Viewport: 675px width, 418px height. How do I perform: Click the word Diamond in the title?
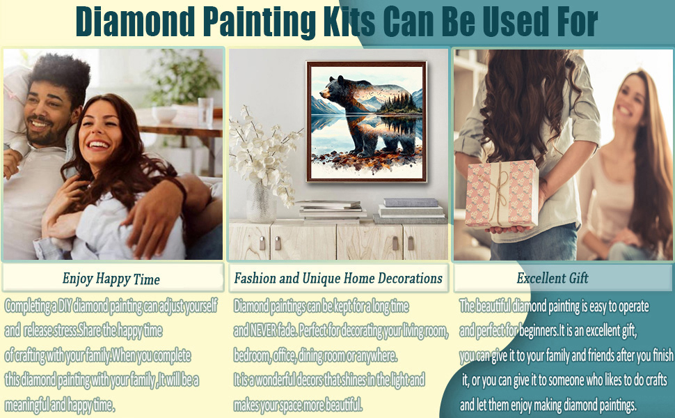(x=135, y=22)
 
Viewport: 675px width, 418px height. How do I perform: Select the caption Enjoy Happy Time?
(x=111, y=279)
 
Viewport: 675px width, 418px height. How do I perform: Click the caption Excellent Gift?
(x=553, y=278)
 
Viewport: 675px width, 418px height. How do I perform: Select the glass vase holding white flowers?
(x=261, y=202)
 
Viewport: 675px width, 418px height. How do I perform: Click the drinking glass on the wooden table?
(x=205, y=111)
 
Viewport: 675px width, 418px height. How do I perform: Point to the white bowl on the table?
(x=164, y=115)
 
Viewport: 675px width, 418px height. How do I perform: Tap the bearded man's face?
(x=47, y=114)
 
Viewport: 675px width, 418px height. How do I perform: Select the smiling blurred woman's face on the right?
(x=630, y=102)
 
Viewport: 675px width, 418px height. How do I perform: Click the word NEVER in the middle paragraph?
(x=262, y=330)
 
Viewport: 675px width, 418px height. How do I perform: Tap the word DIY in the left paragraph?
(x=65, y=306)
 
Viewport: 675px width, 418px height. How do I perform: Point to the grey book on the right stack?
(x=411, y=203)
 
